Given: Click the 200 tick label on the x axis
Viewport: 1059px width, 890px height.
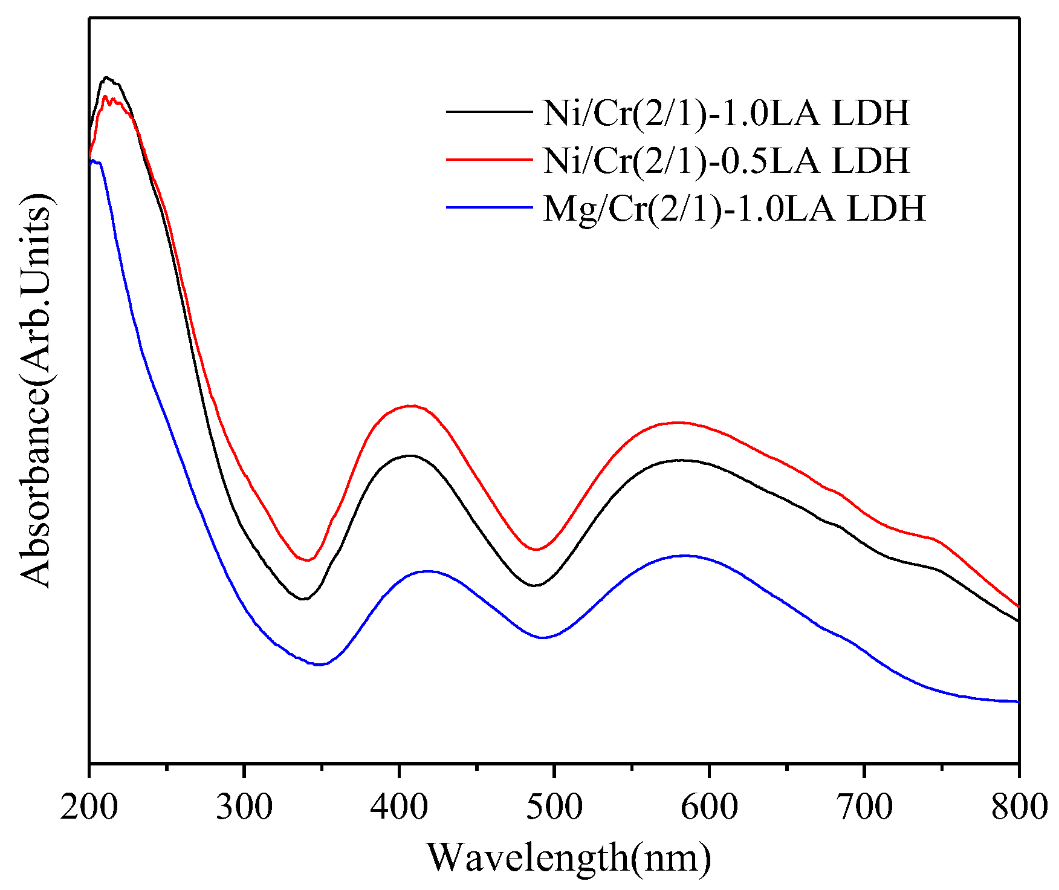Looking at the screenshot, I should [88, 807].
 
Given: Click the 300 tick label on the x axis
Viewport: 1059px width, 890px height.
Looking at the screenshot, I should [244, 807].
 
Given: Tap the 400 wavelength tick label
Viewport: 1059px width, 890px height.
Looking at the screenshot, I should [399, 807].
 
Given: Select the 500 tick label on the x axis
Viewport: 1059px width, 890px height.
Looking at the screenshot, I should [554, 807].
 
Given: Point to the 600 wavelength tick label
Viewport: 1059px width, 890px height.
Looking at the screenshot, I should [709, 807].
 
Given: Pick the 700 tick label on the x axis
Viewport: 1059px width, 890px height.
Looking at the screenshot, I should [864, 807].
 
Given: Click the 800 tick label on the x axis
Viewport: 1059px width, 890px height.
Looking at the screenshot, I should [1019, 807].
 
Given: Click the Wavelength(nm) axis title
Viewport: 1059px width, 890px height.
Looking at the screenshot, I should [569, 857].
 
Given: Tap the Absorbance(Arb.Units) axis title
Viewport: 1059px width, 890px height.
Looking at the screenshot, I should [36, 391].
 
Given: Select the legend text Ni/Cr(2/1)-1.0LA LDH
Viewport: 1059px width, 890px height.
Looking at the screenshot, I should [726, 112].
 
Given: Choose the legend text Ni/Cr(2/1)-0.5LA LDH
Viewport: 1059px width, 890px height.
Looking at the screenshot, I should [726, 160].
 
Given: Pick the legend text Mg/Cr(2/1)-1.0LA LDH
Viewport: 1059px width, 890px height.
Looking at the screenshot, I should [734, 209].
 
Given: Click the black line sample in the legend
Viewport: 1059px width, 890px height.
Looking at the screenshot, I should [489, 111].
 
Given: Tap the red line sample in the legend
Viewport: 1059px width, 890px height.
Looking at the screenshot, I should [489, 159].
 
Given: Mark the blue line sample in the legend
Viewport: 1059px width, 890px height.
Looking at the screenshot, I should [489, 207].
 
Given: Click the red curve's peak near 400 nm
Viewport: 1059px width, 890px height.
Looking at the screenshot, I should [411, 406].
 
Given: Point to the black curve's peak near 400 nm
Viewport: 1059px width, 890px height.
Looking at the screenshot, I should [410, 455].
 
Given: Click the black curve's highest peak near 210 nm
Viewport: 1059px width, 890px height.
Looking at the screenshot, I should [106, 77].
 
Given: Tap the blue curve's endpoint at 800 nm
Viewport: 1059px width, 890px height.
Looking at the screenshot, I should [1019, 702].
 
